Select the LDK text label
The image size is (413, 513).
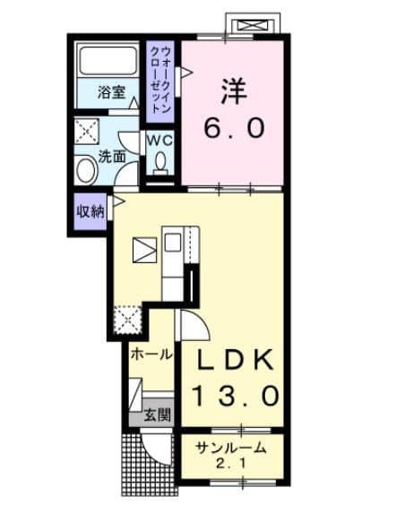[236, 360]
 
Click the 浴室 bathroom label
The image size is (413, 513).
[111, 91]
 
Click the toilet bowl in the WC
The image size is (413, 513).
[161, 161]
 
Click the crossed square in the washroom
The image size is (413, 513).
[87, 132]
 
